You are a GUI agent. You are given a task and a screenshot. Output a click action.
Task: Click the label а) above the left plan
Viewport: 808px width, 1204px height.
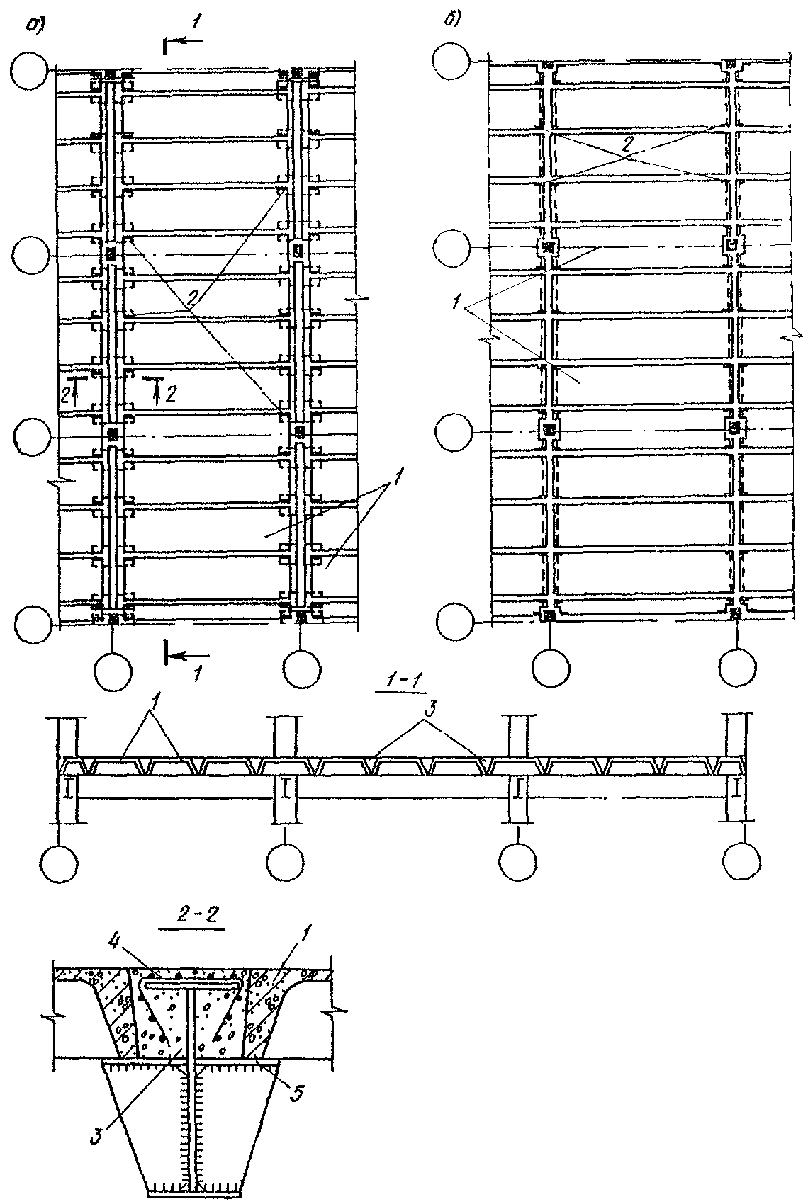pyautogui.click(x=35, y=25)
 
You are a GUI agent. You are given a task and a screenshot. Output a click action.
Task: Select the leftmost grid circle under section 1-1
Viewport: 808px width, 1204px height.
pyautogui.click(x=60, y=865)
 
